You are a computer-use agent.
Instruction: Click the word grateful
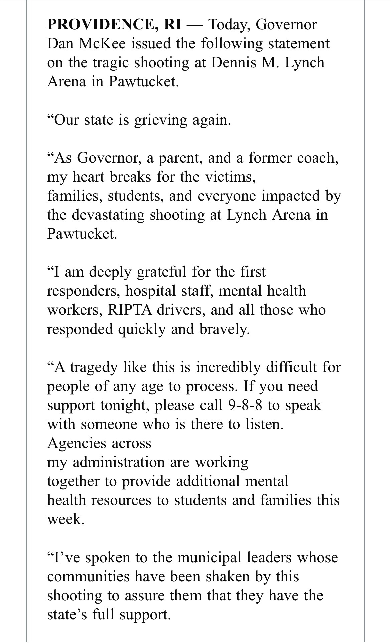162,272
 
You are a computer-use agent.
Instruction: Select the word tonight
123,405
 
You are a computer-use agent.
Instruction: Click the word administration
118,462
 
